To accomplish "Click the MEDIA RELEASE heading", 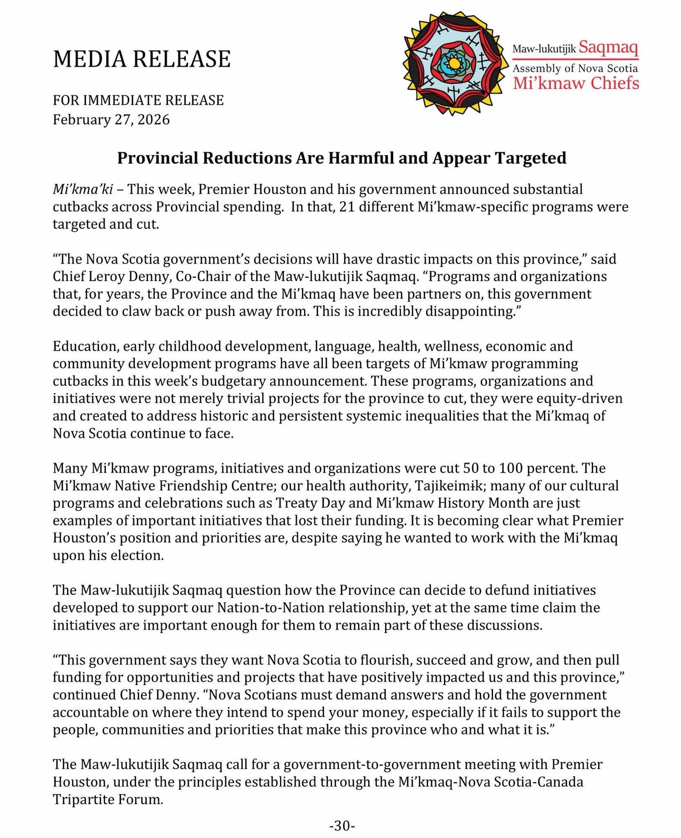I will [142, 59].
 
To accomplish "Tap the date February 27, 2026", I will [111, 120].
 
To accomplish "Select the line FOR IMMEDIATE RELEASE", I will [138, 100].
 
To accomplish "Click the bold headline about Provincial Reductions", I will [341, 158].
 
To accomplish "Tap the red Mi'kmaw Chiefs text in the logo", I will [576, 83].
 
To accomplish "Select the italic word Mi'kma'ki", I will [83, 189].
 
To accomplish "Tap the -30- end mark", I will [342, 826].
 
